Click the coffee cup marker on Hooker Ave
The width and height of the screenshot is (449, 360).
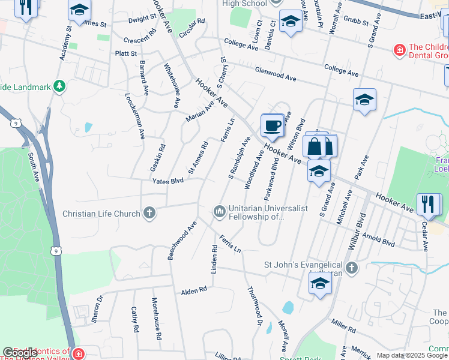(x=272, y=125)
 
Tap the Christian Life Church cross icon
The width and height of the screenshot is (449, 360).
(x=149, y=212)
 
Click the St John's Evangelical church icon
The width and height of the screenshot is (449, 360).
(x=351, y=267)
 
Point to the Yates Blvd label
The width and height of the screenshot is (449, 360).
(x=167, y=181)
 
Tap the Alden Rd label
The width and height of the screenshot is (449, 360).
(x=194, y=290)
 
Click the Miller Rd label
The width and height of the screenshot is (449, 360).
(x=343, y=326)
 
